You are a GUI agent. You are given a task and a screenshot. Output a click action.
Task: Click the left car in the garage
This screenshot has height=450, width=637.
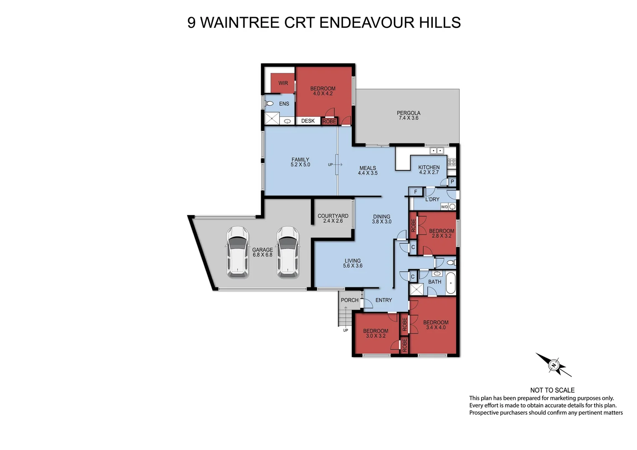238,252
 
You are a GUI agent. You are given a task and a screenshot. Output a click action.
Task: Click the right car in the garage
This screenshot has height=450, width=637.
288,252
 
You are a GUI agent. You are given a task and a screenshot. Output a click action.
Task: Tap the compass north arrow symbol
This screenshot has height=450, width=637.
554,365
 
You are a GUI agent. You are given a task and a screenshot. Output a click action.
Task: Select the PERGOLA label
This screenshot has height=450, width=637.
408,113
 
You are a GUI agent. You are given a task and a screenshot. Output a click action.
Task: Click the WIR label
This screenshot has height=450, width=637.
283,83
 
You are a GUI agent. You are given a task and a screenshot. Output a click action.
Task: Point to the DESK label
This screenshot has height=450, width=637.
308,121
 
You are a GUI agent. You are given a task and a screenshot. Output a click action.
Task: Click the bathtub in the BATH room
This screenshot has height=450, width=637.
451,283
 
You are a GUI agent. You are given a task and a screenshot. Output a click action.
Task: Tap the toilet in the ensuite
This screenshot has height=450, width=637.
269,103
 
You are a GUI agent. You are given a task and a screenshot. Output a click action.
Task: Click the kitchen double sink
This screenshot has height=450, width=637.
436,151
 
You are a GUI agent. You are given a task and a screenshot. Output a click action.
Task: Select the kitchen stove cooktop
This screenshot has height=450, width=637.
451,162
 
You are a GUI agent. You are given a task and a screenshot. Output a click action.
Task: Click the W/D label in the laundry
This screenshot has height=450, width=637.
444,207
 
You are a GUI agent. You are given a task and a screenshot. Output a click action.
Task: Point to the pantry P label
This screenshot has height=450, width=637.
452,182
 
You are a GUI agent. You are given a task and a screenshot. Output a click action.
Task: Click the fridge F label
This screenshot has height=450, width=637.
416,192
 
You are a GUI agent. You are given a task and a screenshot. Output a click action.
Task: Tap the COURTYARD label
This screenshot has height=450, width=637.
333,216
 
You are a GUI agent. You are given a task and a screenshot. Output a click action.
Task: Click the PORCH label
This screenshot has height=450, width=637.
349,300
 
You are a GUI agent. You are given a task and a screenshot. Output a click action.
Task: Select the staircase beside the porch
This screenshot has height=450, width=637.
344,317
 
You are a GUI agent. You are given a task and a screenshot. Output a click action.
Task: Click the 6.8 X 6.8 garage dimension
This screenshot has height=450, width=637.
262,255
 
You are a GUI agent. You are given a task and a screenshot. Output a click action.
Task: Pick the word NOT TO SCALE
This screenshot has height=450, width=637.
552,390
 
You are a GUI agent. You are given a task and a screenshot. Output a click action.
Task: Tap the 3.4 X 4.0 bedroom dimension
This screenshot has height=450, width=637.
436,327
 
